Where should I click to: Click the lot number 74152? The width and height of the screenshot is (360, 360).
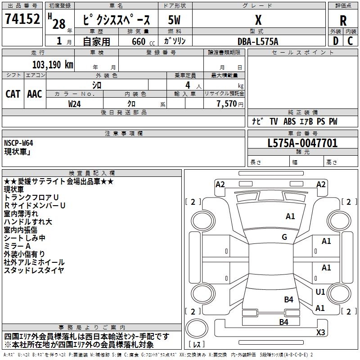[22, 20]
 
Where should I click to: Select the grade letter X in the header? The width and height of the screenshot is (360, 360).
[258, 20]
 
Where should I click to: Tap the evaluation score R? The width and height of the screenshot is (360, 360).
[343, 20]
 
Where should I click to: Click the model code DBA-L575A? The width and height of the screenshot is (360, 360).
[258, 41]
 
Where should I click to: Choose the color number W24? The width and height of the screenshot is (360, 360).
[75, 104]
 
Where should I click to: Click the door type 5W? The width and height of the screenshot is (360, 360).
[174, 20]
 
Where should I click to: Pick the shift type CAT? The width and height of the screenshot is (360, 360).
[13, 94]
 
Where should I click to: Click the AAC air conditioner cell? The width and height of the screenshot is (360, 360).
[35, 94]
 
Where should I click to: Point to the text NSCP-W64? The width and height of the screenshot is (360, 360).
[18, 143]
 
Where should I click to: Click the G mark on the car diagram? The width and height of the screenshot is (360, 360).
[284, 237]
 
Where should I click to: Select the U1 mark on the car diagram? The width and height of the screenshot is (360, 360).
[320, 292]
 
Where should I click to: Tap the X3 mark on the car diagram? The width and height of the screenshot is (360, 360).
[321, 333]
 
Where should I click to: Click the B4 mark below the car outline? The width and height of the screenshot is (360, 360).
[283, 322]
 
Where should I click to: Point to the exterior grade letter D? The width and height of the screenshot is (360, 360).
[335, 41]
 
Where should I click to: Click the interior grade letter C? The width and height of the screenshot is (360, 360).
[351, 41]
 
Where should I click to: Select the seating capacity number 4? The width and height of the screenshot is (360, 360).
[187, 85]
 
